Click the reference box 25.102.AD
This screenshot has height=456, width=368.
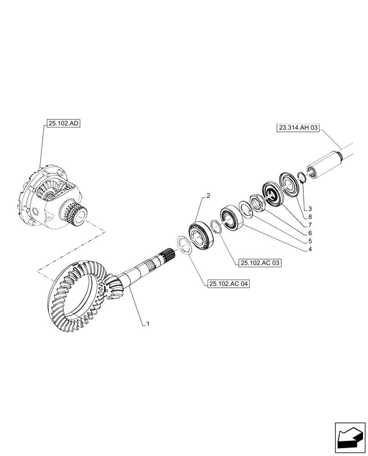pos(63,124)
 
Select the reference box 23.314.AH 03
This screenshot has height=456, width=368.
pos(296,128)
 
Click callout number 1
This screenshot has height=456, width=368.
pos(148,324)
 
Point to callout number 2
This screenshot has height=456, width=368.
pos(208,196)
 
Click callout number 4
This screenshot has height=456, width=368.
pos(309,249)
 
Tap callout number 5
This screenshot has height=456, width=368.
pos(309,241)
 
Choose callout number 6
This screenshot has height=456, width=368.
pos(309,233)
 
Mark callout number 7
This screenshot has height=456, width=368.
pos(309,225)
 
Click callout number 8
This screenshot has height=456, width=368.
pos(309,217)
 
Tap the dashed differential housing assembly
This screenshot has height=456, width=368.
pos(50,196)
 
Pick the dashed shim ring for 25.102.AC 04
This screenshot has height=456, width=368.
pos(184,246)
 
